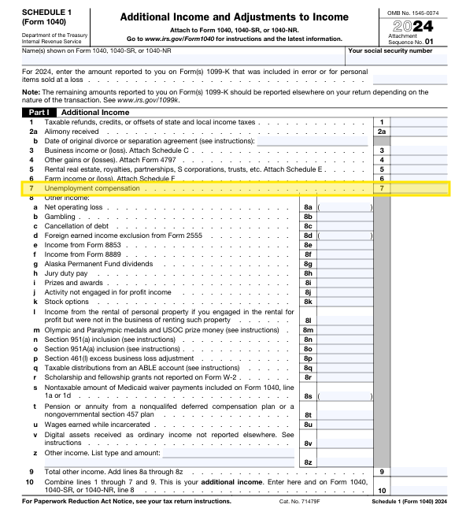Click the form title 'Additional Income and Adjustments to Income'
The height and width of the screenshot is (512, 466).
click(232, 17)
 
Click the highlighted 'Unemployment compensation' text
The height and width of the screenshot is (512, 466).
click(91, 189)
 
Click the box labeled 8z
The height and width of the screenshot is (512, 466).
click(309, 462)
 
